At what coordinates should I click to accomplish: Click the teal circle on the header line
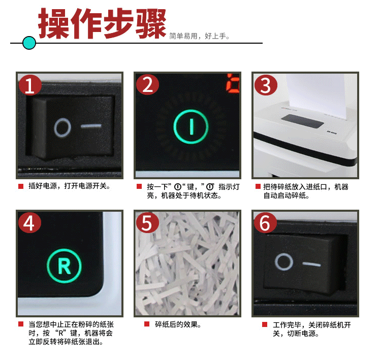tap(29, 43)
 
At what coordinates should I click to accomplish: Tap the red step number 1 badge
tap(30, 85)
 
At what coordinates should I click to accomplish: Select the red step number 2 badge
tap(147, 85)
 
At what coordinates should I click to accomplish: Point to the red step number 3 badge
tap(265, 85)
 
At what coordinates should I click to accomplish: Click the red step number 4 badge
tap(29, 222)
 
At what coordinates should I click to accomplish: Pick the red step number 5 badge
tap(147, 222)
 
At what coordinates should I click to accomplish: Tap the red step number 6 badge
tap(265, 222)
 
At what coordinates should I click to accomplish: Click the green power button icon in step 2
tap(191, 127)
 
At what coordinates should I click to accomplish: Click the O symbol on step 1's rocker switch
tap(62, 127)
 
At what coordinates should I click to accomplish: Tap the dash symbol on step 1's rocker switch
tap(91, 126)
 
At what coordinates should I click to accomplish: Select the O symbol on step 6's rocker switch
tap(284, 262)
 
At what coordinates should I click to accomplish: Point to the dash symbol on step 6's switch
tap(311, 264)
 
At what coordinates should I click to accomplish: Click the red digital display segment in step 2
tap(233, 83)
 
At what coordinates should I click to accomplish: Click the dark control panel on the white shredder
tap(302, 121)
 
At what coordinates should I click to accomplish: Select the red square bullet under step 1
tap(21, 186)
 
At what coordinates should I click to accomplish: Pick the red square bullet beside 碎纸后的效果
tap(147, 324)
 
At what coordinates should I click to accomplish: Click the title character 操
tap(54, 23)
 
